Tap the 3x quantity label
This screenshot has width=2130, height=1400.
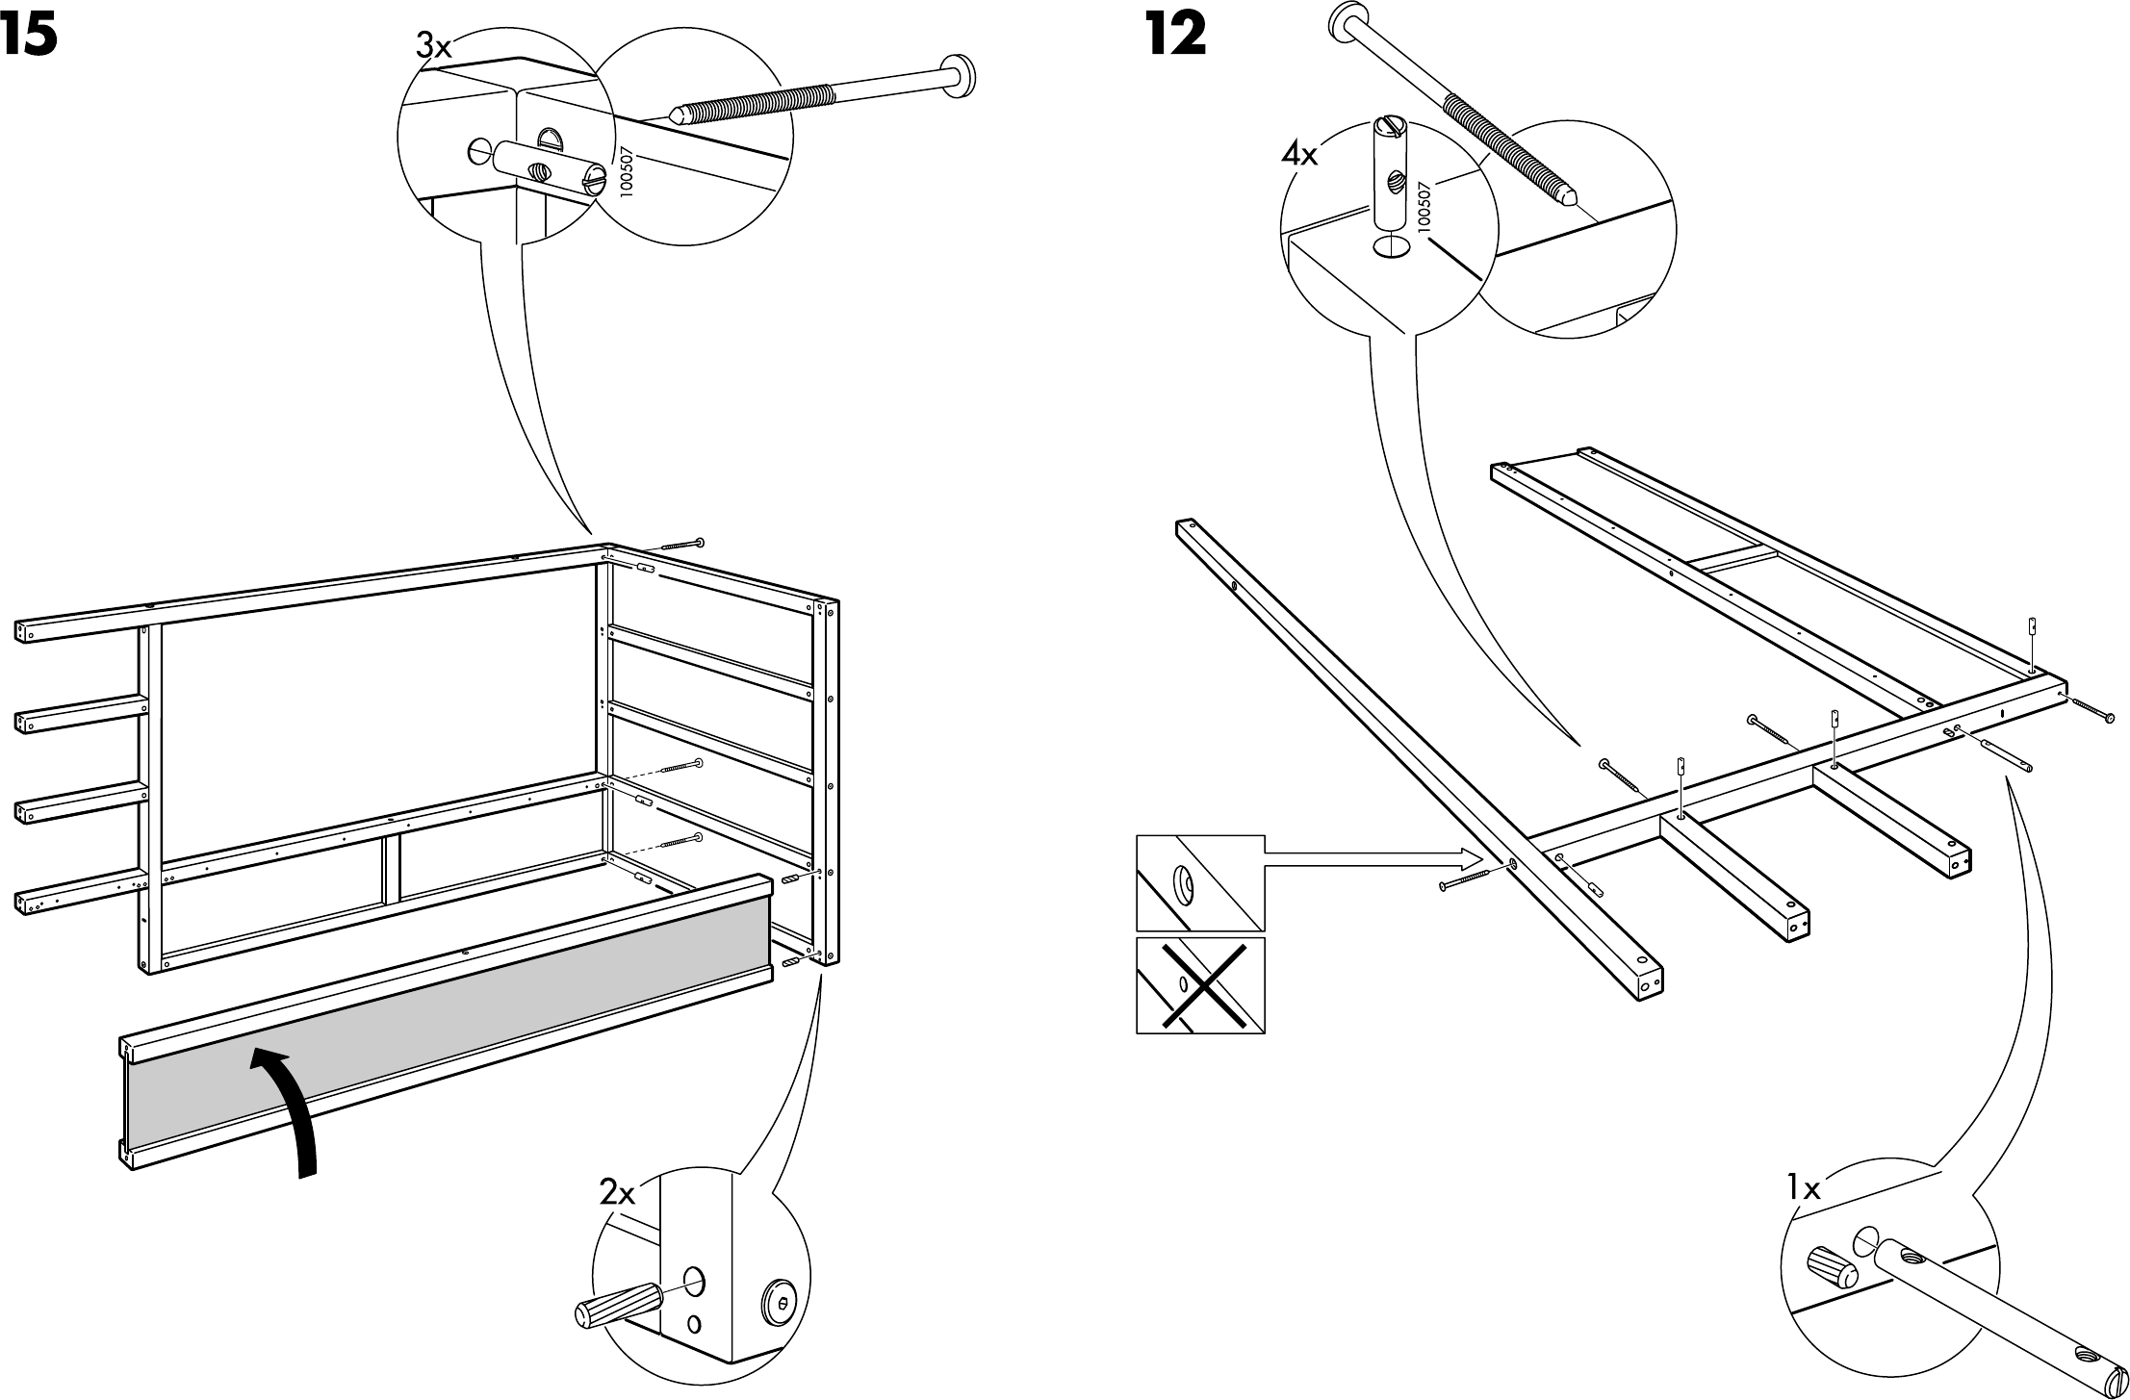tap(433, 46)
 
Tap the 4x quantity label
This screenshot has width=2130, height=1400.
tap(1298, 154)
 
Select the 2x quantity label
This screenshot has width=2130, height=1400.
tap(617, 1193)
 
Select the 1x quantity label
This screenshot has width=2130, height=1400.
tap(1804, 1188)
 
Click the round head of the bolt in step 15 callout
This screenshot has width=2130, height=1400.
tap(959, 73)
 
